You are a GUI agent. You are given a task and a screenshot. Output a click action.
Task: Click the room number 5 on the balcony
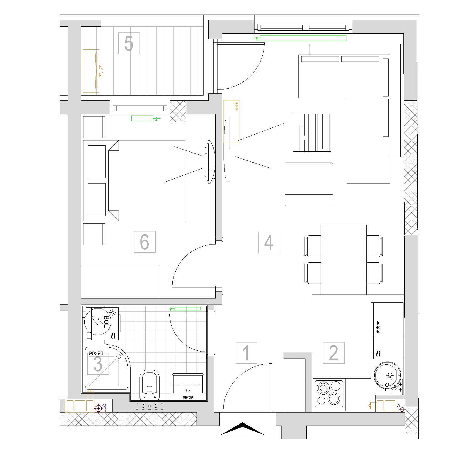point(129,43)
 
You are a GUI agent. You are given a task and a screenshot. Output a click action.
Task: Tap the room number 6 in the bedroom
point(145,242)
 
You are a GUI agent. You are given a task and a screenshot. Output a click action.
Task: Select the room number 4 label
point(269,242)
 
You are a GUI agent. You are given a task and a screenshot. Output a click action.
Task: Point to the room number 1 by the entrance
point(246,353)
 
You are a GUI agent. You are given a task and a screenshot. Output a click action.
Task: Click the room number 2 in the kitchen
point(334,353)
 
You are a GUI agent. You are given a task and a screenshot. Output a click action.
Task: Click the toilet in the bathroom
point(150,385)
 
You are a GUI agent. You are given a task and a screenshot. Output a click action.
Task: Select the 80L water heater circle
point(98,322)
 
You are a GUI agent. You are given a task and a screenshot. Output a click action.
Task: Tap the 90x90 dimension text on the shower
point(96,353)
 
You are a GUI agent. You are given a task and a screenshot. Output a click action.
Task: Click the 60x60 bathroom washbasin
point(188,387)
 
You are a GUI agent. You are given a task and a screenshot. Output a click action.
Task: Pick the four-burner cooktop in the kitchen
point(329,393)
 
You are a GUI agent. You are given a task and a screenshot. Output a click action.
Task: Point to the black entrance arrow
point(243,429)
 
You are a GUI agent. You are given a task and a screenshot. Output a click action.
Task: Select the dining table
point(344,260)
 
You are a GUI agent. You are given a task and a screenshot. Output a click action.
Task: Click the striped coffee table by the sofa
point(312,133)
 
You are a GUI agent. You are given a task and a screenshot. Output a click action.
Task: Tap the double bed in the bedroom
point(134,180)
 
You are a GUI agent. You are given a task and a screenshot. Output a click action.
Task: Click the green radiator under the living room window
point(303,38)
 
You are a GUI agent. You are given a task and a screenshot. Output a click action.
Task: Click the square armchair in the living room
point(309,184)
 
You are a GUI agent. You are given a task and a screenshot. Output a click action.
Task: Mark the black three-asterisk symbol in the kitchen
point(378,328)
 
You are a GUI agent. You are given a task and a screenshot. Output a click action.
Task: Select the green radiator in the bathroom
point(187,309)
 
